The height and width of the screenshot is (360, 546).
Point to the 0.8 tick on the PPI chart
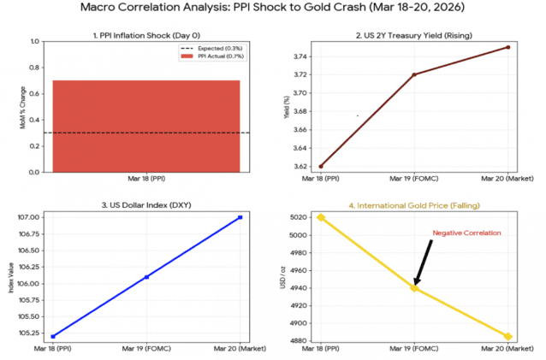(x=35, y=68)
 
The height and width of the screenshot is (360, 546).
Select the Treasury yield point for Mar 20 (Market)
(x=508, y=47)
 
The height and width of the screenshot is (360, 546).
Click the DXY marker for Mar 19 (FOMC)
(x=146, y=277)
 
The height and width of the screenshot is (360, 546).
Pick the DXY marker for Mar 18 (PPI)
(x=52, y=336)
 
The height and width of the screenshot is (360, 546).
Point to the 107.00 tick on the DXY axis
(x=30, y=217)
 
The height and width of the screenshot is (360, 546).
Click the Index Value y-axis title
(x=11, y=277)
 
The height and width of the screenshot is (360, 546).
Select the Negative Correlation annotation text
(x=466, y=233)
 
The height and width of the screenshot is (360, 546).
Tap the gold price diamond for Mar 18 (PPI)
(x=321, y=217)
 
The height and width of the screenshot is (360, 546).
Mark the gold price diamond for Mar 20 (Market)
(x=508, y=336)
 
